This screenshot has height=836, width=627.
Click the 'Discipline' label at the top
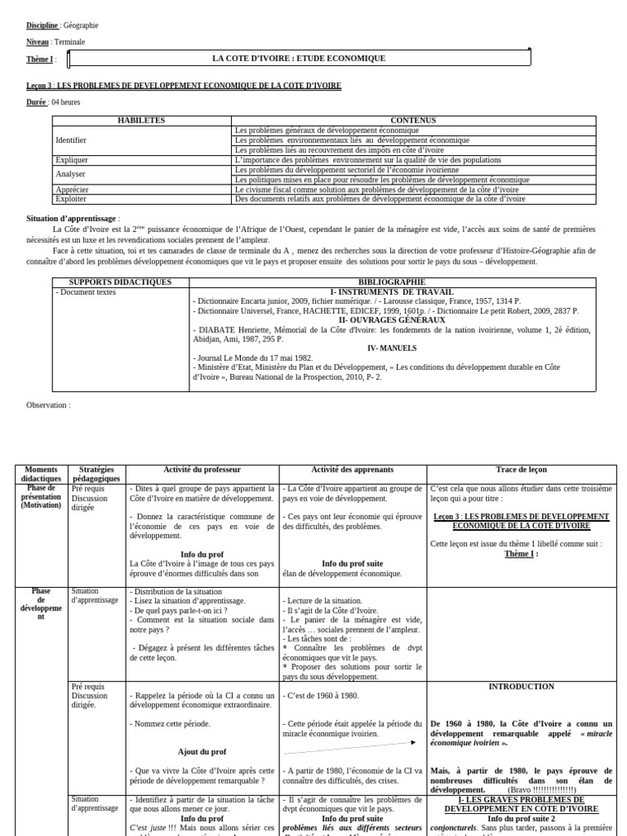(42, 26)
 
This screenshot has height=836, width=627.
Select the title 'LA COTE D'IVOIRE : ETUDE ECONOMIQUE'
(299, 59)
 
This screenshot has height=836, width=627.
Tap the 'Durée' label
(36, 102)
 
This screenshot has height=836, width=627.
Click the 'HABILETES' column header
(141, 120)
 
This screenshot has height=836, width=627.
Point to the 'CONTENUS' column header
(413, 120)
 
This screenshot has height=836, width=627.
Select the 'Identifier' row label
(71, 140)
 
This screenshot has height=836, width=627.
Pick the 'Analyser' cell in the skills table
(70, 174)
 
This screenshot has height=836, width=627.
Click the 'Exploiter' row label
(71, 198)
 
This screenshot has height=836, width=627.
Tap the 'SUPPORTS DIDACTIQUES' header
(120, 282)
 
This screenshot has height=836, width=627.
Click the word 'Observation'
(47, 405)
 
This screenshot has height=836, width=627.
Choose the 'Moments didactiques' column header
(42, 474)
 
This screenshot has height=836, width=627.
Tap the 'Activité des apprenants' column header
(352, 469)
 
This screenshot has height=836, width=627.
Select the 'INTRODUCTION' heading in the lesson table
(521, 687)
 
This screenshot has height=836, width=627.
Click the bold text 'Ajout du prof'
(202, 751)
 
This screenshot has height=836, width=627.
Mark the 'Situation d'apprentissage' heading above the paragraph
(73, 219)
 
